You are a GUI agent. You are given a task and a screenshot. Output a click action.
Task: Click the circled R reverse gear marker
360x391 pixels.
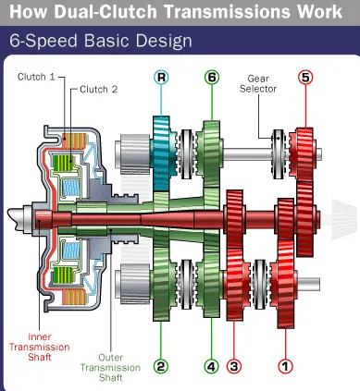(x=161, y=77)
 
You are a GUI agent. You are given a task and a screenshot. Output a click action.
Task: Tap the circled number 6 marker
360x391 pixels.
(x=212, y=77)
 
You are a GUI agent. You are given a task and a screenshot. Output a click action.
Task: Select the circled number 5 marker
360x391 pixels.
(x=305, y=77)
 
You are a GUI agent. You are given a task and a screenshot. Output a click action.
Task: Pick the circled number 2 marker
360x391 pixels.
(x=161, y=366)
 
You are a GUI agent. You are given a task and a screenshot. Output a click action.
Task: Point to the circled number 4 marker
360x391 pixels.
(x=212, y=366)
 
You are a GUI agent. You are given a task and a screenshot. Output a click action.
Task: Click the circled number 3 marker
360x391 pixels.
(x=234, y=366)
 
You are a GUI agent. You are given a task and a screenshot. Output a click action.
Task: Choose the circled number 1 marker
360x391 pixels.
(x=285, y=366)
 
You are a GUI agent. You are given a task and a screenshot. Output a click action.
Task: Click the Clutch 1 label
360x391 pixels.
(x=36, y=77)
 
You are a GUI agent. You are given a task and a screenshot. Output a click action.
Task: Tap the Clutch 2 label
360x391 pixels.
(x=99, y=90)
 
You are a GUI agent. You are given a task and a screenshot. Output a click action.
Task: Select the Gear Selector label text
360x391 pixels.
(x=258, y=84)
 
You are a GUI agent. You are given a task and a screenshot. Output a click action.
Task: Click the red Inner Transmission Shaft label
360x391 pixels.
(x=40, y=347)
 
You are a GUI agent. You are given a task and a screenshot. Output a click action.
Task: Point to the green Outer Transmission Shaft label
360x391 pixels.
(x=110, y=368)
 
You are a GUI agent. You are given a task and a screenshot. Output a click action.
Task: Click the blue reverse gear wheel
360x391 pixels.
(x=161, y=153)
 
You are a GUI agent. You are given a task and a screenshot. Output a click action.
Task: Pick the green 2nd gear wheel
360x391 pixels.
(x=161, y=284)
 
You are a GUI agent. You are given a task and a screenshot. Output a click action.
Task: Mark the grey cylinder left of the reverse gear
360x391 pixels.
(x=132, y=153)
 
